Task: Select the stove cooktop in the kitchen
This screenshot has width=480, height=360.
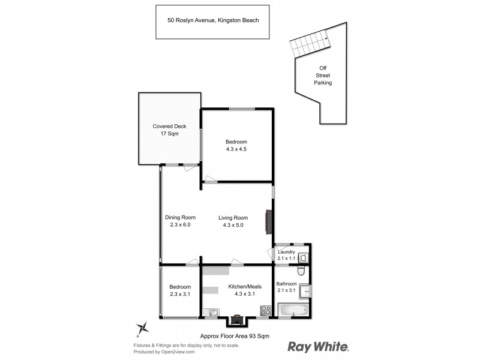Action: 265,310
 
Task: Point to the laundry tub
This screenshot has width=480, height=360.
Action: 303,257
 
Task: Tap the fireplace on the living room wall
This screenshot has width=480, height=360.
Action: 269,221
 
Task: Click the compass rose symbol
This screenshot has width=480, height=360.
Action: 143,328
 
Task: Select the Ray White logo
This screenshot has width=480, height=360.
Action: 319,347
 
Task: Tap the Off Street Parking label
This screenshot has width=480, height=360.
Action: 324,76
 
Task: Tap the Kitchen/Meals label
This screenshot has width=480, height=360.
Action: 245,287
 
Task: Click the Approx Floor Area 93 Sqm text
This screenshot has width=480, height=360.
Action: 234,337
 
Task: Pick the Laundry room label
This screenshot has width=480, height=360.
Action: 286,252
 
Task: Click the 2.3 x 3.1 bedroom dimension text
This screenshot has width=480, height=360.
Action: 179,294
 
